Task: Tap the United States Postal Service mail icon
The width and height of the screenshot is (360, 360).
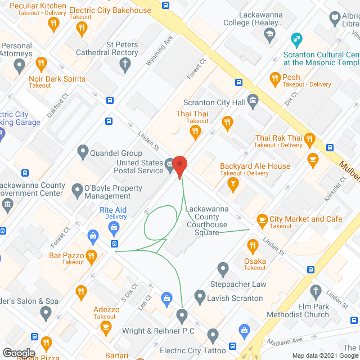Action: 170,166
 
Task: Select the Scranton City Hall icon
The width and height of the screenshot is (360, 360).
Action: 253,103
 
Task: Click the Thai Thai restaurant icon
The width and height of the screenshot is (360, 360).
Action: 196,133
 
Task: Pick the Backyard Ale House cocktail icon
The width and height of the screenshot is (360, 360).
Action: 232,183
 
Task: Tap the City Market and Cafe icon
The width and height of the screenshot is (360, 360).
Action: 262,219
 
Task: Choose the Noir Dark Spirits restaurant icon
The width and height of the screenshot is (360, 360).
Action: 40,64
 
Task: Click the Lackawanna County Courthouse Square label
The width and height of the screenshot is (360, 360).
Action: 207,220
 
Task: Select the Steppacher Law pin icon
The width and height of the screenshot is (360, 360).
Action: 223,269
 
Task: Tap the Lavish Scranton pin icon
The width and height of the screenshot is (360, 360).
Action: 200,296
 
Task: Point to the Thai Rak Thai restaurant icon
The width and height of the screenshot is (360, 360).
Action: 309,138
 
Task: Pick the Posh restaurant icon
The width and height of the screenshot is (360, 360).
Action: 275,78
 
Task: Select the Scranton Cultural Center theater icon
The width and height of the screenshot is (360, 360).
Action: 295,39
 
